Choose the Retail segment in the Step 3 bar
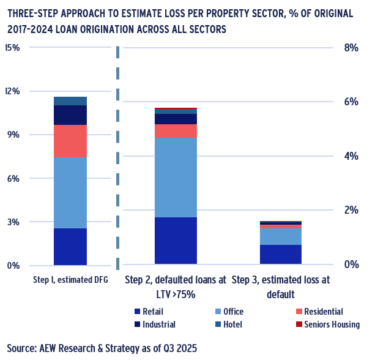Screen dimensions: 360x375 point(281,254)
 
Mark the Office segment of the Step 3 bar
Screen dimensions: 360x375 point(281,237)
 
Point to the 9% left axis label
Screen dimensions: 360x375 point(14,135)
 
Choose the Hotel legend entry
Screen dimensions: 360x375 point(229,324)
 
